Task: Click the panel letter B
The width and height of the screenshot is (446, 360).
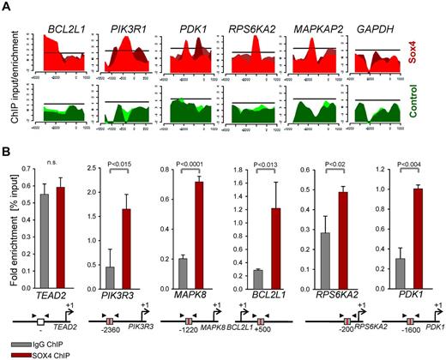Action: [x=7, y=153]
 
